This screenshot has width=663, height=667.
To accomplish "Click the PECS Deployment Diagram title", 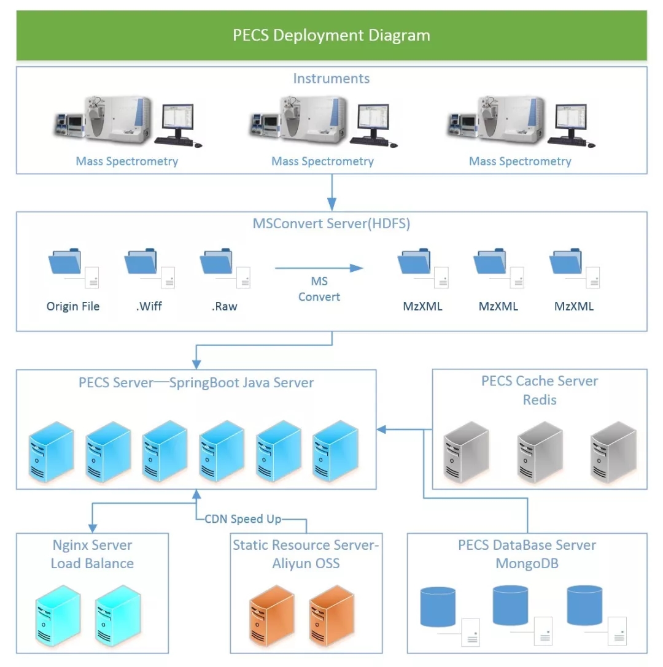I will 331,35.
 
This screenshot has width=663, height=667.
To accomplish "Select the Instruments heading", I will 331,79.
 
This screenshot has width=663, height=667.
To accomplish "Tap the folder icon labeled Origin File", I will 65,263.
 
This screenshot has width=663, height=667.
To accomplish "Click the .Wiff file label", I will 149,306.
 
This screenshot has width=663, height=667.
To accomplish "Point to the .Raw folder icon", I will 217,263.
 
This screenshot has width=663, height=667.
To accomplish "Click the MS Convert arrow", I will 319,268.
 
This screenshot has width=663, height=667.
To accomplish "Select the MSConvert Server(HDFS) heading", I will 331,223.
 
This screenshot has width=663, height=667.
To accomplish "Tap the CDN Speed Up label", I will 242,519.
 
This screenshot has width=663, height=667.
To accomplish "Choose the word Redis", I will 540,400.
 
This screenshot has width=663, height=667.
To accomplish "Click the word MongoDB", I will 527,563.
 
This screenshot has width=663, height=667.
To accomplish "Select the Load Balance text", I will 92,563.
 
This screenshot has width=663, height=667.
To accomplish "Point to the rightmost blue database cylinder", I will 584,606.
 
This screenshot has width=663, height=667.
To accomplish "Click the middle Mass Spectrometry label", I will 322,161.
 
